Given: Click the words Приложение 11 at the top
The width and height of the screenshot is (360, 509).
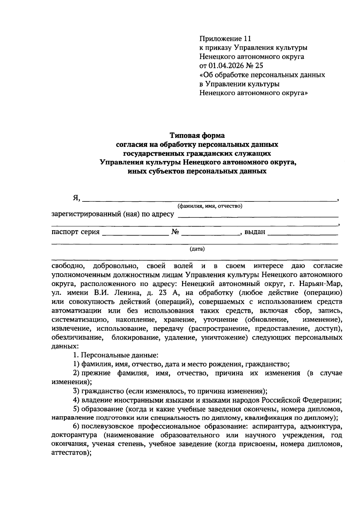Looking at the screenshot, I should [225, 38].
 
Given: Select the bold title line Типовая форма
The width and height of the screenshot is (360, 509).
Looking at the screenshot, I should [197, 135].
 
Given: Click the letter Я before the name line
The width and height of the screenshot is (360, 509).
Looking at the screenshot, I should [76, 198].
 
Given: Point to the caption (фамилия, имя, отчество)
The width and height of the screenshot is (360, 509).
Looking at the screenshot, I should [210, 206].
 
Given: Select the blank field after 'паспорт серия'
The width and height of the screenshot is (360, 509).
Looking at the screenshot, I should [135, 232].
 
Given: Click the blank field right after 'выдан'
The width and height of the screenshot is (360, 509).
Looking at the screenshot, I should [302, 232].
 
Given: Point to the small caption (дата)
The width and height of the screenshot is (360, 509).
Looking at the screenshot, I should [197, 249].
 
